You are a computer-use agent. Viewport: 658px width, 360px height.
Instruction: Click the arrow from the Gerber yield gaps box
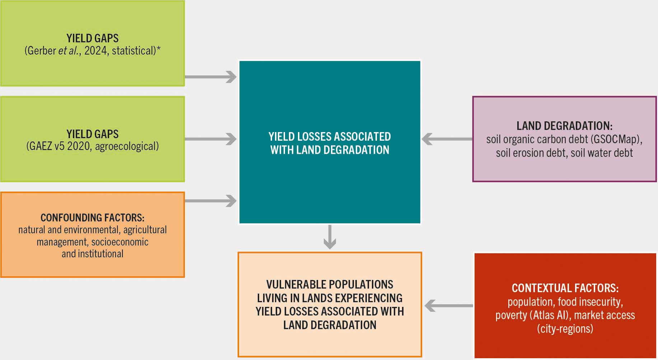tap(211, 77)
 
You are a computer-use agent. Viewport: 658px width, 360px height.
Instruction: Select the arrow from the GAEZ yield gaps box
tap(211, 139)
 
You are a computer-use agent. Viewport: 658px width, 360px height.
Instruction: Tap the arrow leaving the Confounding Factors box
tap(211, 201)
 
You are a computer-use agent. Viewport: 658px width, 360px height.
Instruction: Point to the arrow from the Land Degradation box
tap(447, 139)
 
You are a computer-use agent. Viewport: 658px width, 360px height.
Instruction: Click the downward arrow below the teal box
tap(330, 237)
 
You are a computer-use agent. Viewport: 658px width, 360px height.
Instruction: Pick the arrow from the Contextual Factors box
tap(449, 306)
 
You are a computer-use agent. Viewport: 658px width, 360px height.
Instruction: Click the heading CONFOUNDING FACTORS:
tap(92, 218)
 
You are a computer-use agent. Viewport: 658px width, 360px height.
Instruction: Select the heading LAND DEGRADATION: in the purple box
tap(564, 126)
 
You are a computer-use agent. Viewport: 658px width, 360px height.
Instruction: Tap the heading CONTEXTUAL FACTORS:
tap(565, 288)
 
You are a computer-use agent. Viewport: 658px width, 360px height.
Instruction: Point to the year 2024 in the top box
tap(96, 51)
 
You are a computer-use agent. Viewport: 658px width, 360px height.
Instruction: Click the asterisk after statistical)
tap(158, 49)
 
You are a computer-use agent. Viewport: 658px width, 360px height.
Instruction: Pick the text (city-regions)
tap(565, 329)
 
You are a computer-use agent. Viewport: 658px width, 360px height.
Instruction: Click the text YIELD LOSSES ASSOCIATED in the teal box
tap(330, 137)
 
